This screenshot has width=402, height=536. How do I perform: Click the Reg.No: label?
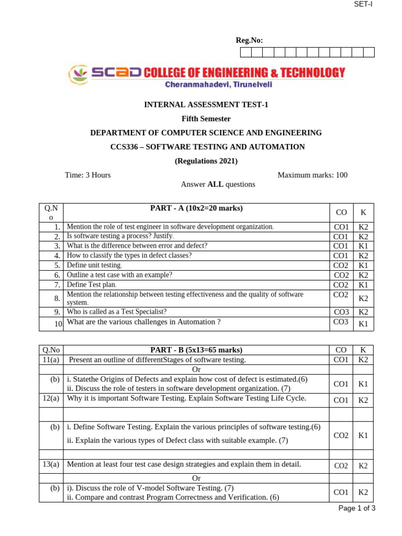pyautogui.click(x=249, y=40)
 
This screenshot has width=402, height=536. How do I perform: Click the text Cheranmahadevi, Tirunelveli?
pyautogui.click(x=219, y=84)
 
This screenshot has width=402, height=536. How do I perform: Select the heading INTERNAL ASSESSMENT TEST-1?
pyautogui.click(x=206, y=105)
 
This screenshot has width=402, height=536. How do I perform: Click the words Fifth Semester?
pyautogui.click(x=206, y=119)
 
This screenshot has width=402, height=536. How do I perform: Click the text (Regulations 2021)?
pyautogui.click(x=206, y=161)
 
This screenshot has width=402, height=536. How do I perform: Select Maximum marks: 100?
pyautogui.click(x=312, y=175)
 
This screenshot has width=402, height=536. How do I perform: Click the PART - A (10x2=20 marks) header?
pyautogui.click(x=196, y=208)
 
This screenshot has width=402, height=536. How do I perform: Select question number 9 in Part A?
pyautogui.click(x=58, y=312)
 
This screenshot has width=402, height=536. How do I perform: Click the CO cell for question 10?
pyautogui.click(x=341, y=322)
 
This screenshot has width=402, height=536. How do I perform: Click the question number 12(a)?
pyautogui.click(x=51, y=398)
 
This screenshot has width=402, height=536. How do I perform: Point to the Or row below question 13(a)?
pyautogui.click(x=196, y=478)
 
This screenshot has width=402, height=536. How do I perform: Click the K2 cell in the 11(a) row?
pyautogui.click(x=363, y=360)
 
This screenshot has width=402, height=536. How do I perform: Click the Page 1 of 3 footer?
pyautogui.click(x=357, y=508)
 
